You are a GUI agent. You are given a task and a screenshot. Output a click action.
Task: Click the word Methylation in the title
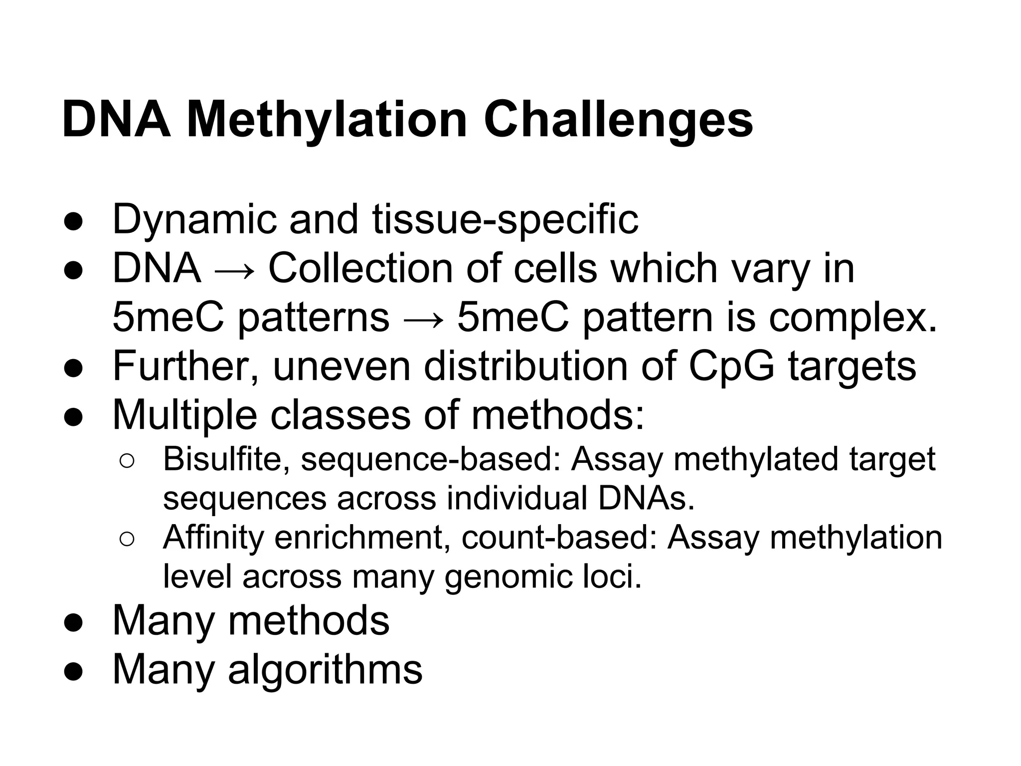[327, 120]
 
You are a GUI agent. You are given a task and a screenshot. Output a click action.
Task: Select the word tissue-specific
[505, 219]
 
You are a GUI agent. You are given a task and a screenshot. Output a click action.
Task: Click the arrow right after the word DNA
[234, 270]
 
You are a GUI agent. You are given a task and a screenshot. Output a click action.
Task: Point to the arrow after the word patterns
[423, 319]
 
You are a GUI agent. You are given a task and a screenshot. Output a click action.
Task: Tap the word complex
[852, 318]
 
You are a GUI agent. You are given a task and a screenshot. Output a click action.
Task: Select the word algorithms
[325, 669]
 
